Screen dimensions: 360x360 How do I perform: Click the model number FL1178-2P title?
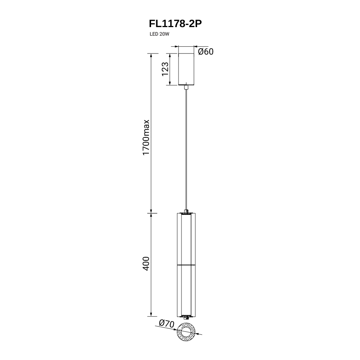[x=176, y=24]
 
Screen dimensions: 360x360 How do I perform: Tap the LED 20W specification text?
[x=159, y=34]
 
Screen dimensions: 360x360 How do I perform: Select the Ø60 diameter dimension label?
[x=206, y=52]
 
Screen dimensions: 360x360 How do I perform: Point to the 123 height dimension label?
[x=165, y=69]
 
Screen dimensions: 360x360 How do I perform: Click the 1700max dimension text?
[x=146, y=138]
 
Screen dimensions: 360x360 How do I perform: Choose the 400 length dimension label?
[x=146, y=264]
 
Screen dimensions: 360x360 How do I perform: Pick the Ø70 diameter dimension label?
[x=167, y=324]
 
